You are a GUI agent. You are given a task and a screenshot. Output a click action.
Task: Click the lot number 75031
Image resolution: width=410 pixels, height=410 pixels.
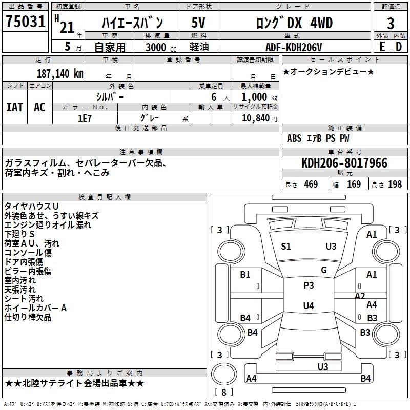click(25, 22)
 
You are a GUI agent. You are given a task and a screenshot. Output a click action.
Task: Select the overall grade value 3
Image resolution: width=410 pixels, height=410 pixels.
click(391, 23)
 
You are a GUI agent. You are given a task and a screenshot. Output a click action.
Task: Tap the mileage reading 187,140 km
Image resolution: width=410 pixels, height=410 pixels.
click(60, 74)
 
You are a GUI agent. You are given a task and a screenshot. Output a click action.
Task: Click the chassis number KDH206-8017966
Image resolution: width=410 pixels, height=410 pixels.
click(344, 163)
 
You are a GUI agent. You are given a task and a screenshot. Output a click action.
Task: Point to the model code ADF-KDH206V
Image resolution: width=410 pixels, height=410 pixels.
click(294, 47)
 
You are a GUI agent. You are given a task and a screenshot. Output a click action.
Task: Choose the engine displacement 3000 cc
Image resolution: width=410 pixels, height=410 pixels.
click(161, 47)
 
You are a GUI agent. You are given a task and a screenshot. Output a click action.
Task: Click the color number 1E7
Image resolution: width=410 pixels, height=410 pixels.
click(85, 118)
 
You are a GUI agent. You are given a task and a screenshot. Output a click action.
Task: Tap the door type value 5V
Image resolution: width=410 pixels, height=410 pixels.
click(198, 23)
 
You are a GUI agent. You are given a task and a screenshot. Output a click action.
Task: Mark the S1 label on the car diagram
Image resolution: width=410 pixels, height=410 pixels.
click(286, 247)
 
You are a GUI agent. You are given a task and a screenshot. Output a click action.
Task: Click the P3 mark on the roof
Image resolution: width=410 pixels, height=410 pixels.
click(309, 285)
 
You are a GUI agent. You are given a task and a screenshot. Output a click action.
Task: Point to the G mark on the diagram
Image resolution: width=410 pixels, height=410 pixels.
click(324, 270)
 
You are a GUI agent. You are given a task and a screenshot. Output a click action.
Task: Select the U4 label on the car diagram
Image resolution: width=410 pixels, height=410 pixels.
click(309, 305)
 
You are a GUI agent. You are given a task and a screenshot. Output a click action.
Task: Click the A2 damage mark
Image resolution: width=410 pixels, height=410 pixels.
click(360, 296)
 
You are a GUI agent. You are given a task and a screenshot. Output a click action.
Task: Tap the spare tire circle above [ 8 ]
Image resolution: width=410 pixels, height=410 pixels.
click(224, 374)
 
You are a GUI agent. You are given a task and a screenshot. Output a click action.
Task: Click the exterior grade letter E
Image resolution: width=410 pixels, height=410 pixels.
click(382, 47)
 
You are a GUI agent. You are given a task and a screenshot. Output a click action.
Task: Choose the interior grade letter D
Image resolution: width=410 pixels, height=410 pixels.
click(399, 47)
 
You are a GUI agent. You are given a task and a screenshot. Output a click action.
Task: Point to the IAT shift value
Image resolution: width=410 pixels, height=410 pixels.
click(15, 107)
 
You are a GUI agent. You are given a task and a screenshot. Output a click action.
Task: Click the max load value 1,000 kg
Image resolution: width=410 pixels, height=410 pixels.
click(259, 97)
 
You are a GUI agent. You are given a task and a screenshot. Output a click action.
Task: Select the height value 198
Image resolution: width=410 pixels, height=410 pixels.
click(395, 184)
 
